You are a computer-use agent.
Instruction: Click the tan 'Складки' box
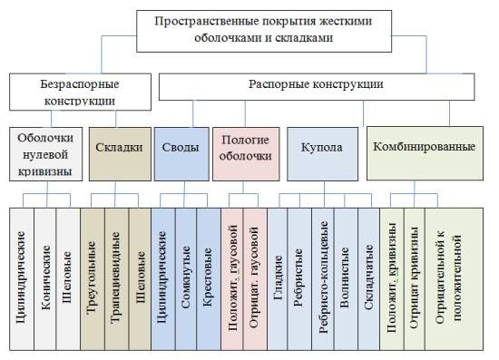pos(116,146)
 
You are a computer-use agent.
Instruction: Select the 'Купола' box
pos(322,147)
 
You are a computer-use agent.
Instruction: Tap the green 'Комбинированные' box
pos(423,147)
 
